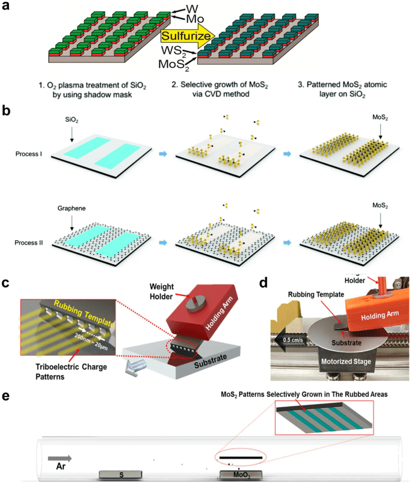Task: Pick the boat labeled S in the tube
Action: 121,475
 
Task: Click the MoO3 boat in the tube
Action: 240,475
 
